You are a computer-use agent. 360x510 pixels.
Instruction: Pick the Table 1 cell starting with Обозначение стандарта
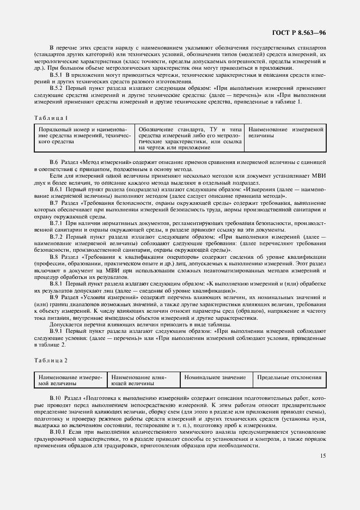click(x=190, y=138)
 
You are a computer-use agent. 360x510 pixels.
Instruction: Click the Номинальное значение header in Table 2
click(x=215, y=377)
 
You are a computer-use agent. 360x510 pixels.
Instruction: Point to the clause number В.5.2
click(x=57, y=87)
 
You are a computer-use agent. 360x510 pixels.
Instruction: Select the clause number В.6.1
click(x=57, y=189)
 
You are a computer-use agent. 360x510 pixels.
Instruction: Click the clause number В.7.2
click(x=57, y=237)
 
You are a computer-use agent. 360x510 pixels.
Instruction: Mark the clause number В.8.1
click(x=57, y=284)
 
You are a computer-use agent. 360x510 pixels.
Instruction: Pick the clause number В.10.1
click(x=58, y=432)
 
